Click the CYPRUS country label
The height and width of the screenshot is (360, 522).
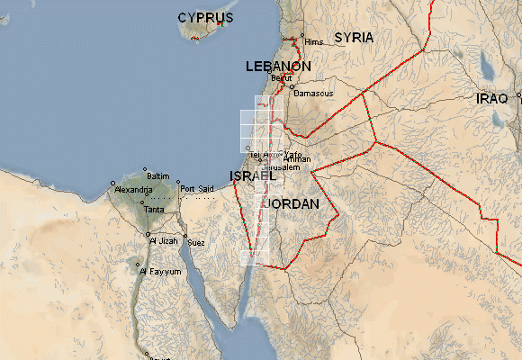click(x=205, y=18)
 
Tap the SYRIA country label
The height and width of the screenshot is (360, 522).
click(x=353, y=38)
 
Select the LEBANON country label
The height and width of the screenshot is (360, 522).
click(x=279, y=67)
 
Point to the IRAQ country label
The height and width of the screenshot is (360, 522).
click(x=491, y=98)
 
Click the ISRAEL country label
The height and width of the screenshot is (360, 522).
click(x=253, y=175)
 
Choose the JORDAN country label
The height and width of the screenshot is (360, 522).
click(x=291, y=205)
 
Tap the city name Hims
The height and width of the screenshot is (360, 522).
click(x=313, y=42)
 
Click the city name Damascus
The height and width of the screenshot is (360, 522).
click(x=315, y=94)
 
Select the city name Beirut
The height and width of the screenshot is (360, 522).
click(x=282, y=78)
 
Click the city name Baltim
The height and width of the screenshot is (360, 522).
click(x=157, y=175)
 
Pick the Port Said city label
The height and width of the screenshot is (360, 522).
click(x=197, y=189)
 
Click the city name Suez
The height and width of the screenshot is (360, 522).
click(x=196, y=243)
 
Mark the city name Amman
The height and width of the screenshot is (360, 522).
click(x=296, y=159)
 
